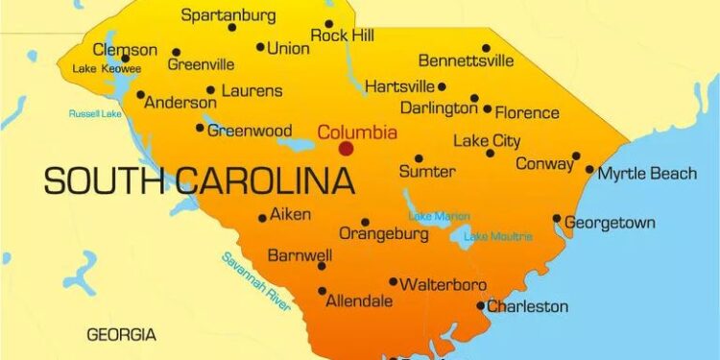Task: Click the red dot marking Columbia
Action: [x=346, y=149]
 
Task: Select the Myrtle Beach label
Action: [x=647, y=174]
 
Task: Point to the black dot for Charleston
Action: [x=481, y=306]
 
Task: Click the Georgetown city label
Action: [x=610, y=223]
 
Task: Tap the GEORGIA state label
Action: [x=121, y=335]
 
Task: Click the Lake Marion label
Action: [x=439, y=216]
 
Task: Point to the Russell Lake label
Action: [x=95, y=113]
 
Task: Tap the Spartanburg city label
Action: [x=228, y=14]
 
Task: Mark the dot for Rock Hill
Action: [x=329, y=24]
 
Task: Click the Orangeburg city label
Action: [x=384, y=234]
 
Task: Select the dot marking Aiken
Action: [x=262, y=218]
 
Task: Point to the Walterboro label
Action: [x=443, y=285]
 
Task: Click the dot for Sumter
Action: [x=419, y=158]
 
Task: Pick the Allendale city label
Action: [x=359, y=301]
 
